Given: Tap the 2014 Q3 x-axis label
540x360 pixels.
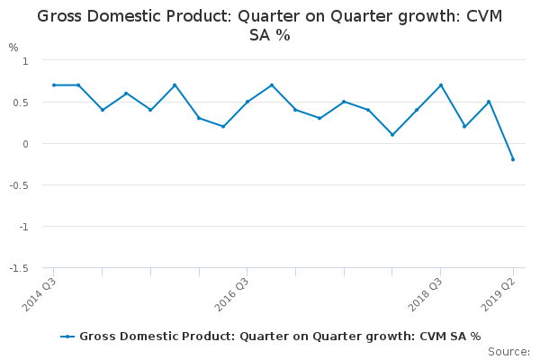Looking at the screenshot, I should coord(40,294).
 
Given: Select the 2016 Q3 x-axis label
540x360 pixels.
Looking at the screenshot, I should coord(233,294).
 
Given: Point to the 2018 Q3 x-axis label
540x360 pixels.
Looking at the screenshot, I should coord(426,294).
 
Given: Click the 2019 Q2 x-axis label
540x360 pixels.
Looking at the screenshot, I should coord(499,294).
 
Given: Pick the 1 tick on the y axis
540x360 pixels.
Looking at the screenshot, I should coord(25,60).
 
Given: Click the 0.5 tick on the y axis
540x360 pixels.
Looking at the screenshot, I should coord(22,103).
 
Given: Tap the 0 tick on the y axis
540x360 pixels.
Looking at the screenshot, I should coord(25,144).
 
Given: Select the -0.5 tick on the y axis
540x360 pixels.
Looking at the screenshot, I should coord(20,185).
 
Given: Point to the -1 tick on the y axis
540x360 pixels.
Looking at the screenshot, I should coord(23,227).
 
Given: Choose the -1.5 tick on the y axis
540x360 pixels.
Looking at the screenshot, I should coord(20,268).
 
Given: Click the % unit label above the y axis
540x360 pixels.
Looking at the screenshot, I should coord(13,47).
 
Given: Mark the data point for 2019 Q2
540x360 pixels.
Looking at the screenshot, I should coord(513,159).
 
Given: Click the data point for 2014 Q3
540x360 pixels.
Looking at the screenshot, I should coord(54,85).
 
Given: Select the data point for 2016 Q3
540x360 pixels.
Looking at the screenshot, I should coord(247,102).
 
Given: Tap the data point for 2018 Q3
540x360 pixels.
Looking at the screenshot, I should coord(440,85).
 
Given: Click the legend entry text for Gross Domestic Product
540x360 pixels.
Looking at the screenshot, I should coord(280,336).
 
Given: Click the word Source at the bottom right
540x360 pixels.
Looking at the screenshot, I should coord(508,351).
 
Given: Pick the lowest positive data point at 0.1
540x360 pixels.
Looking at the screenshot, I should coord(392,135).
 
